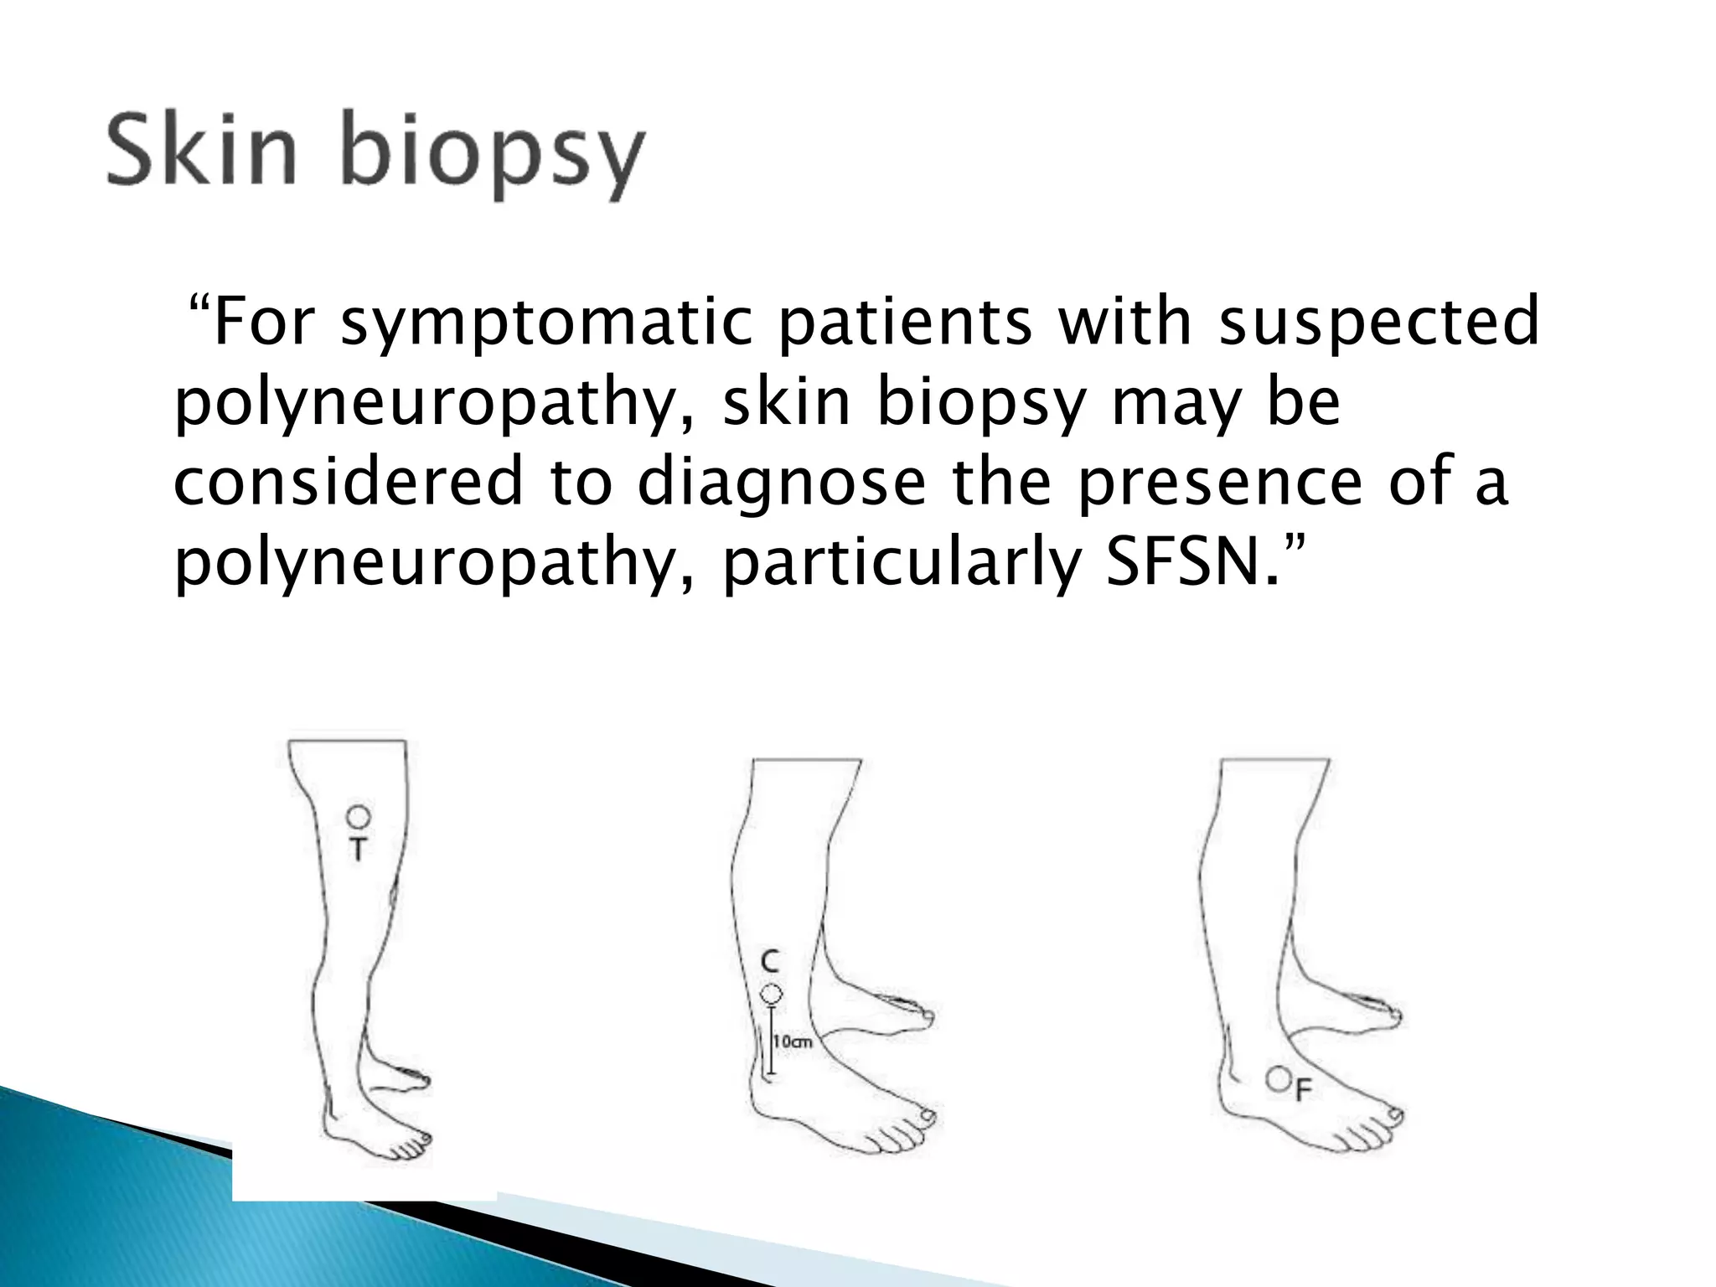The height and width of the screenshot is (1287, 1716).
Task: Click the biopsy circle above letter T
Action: tap(358, 815)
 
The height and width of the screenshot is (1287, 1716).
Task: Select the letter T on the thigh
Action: tap(358, 850)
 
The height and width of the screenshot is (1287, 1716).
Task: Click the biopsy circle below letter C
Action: tap(771, 995)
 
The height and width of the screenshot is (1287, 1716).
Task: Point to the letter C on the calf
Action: tap(770, 961)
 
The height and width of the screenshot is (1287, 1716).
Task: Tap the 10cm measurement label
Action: tap(793, 1042)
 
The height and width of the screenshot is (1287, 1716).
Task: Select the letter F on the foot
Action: tap(1303, 1090)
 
